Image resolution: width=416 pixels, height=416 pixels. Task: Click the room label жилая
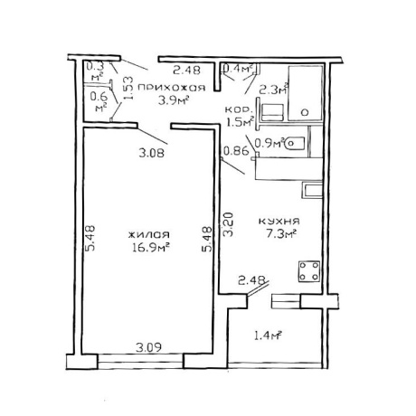coord(148,234)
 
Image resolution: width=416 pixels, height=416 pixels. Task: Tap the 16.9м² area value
coord(150,248)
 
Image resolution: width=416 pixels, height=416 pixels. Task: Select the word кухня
coord(279,222)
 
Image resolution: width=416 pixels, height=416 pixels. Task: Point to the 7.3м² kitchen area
coord(280,234)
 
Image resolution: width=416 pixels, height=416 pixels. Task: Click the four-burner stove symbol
coord(309,271)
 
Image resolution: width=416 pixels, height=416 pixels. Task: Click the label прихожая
coord(171,88)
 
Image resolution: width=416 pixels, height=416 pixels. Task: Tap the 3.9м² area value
coord(174,100)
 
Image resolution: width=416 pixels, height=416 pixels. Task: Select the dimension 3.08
coord(152,154)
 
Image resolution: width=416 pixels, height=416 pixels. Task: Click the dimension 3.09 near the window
coord(148,347)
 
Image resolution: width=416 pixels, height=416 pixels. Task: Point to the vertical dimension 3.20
coord(228,224)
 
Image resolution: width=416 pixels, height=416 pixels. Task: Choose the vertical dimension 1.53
coord(128,88)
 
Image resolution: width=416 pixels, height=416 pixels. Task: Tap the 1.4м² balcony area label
coord(269,336)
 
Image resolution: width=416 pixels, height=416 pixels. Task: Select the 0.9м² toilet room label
coord(269,142)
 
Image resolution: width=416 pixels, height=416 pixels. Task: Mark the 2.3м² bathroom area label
coord(274,90)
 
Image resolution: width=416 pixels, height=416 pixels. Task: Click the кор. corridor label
coord(237,109)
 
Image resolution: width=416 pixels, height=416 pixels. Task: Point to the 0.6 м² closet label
coord(99,102)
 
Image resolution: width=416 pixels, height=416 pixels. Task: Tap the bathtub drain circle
coord(305,113)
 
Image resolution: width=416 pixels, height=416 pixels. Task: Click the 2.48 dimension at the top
coord(186,71)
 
